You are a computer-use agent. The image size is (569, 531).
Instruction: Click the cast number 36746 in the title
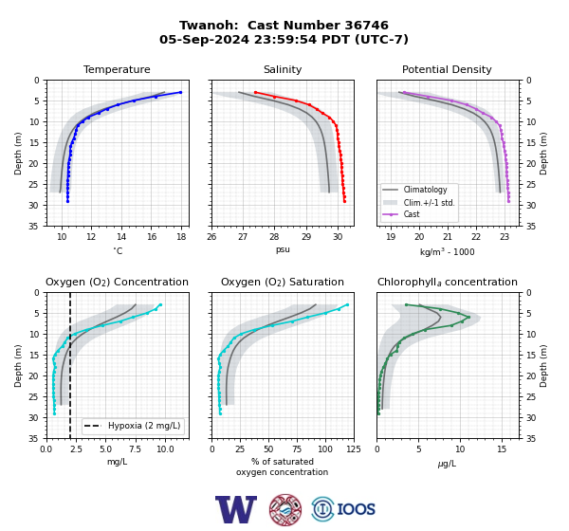[366, 26]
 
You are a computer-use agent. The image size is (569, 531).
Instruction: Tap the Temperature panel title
[117, 69]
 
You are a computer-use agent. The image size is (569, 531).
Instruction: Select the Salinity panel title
[283, 69]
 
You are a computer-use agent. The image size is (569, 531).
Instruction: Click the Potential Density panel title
[447, 69]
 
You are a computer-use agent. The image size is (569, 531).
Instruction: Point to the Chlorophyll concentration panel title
[447, 282]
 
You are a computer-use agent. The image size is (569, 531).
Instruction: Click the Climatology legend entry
[414, 190]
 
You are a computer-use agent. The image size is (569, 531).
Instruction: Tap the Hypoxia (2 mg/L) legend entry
[133, 426]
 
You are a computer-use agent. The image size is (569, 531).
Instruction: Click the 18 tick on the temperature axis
[181, 237]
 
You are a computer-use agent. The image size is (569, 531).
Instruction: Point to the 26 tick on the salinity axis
[211, 237]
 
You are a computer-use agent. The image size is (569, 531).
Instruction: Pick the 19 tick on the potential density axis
[391, 237]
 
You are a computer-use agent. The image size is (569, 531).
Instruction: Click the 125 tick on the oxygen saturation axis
[354, 449]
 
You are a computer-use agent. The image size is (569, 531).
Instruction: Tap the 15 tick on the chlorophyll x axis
[502, 449]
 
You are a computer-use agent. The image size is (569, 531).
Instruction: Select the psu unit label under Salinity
[283, 249]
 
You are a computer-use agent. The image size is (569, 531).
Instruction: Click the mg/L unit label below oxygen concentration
[117, 462]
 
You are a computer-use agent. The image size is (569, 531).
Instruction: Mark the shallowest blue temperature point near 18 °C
[180, 92]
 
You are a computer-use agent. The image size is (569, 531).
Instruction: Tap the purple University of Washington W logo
[236, 509]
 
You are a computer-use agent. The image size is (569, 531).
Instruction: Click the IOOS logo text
[356, 509]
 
